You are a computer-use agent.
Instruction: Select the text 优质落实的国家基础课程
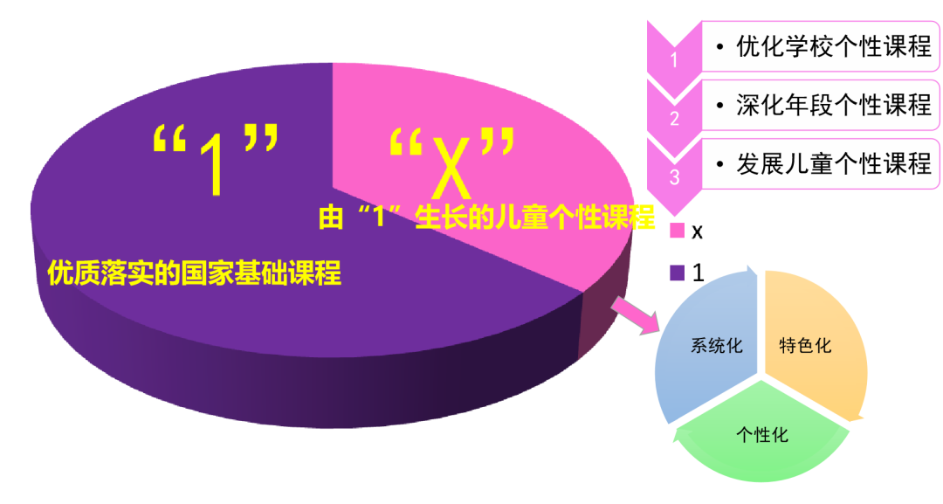coord(195,273)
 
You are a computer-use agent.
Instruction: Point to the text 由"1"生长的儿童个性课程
coord(486,217)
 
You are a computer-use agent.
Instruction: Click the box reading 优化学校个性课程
coord(821,46)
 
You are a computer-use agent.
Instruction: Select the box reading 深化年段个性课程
coord(821,105)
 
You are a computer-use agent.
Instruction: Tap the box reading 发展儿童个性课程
coord(821,164)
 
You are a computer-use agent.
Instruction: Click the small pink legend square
coord(677,231)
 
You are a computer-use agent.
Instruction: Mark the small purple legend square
coord(677,273)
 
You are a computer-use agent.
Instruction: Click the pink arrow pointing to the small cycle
coord(633,315)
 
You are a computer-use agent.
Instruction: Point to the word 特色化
coord(805,346)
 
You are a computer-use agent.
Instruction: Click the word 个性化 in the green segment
coord(762,434)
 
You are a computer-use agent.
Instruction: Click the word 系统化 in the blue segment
coord(717,346)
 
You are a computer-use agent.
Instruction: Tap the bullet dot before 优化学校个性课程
coord(719,46)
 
